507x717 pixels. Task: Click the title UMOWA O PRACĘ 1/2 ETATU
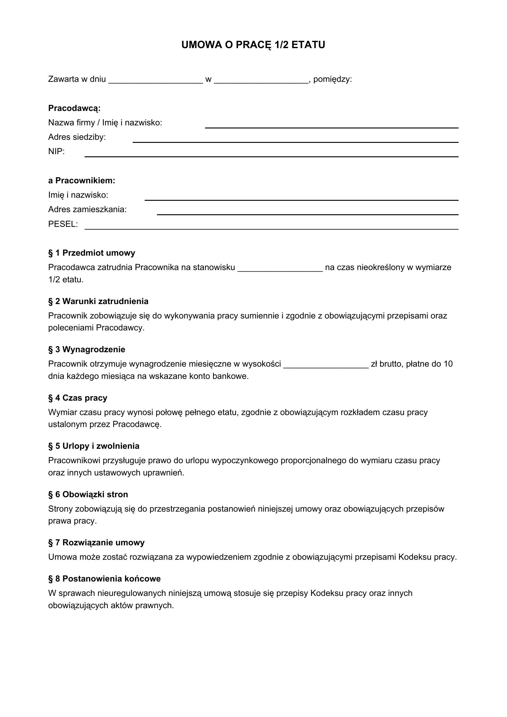coord(253,45)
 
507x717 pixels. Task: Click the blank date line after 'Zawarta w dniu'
coord(155,81)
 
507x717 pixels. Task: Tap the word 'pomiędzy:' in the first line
coord(333,79)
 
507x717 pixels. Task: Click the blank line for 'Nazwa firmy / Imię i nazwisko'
coord(332,126)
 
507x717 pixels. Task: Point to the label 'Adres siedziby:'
coord(77,137)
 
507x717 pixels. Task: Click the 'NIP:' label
coord(56,151)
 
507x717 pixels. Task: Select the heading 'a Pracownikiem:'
coord(82,181)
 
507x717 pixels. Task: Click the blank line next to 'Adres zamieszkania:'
coord(307,212)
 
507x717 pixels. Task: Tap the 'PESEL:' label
coord(63,224)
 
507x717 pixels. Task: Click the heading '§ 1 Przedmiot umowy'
coord(91,253)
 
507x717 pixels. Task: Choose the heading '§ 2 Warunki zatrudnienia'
coord(98,301)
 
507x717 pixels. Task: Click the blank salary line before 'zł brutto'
coord(326,366)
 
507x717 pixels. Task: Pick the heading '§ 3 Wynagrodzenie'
coord(86,349)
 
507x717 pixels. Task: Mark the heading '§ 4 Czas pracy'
coord(78,398)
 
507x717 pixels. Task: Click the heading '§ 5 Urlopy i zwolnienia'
coord(94,446)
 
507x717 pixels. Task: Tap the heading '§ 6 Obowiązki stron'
coord(88,494)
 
